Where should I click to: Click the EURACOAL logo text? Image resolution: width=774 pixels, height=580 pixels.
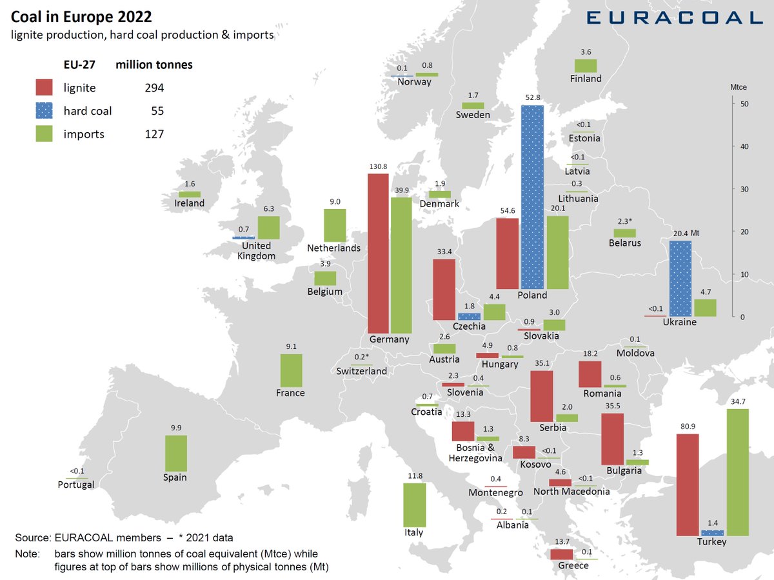[674, 17]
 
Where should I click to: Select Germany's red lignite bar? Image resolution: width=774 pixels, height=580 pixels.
[378, 253]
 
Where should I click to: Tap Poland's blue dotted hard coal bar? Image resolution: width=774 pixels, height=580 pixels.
[532, 197]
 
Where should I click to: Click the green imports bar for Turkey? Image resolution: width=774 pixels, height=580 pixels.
[737, 472]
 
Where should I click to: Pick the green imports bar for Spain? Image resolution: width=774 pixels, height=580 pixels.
[175, 454]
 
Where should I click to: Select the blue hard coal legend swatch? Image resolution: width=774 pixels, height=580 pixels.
[44, 111]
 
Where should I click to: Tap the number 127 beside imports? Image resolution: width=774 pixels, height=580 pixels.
[154, 134]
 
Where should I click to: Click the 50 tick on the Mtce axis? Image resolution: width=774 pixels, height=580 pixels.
[743, 104]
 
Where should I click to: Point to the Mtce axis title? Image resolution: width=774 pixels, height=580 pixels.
[738, 86]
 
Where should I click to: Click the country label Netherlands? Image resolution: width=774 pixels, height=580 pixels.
[333, 248]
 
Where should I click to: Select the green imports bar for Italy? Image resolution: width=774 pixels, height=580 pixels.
[414, 505]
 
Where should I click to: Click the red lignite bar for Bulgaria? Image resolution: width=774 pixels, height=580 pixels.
[611, 439]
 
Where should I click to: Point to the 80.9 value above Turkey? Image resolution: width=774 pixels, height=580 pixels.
[688, 426]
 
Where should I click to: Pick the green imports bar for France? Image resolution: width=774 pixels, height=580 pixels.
[291, 370]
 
